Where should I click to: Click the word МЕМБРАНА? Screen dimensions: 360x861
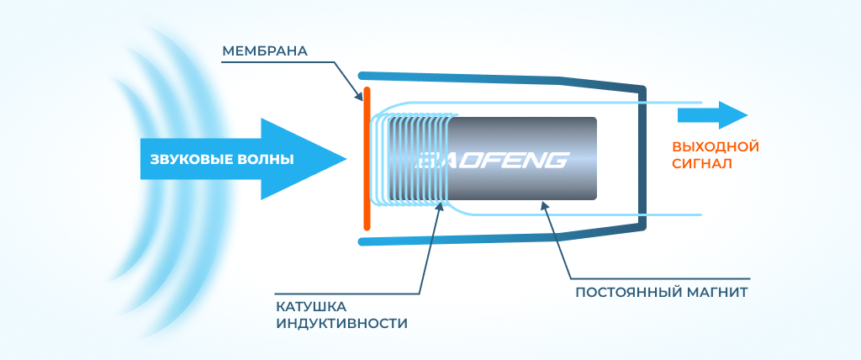265,51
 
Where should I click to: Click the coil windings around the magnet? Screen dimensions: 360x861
412,160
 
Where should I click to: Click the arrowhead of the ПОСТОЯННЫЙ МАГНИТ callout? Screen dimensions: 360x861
545,204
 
